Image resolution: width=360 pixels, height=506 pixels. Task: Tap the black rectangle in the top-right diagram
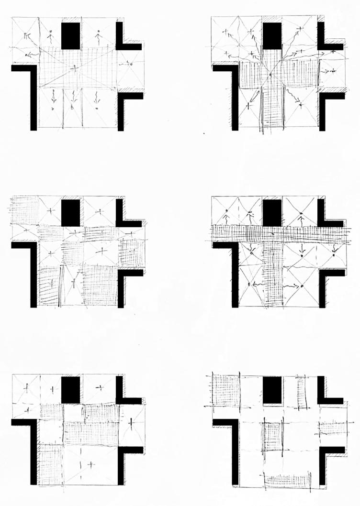(272, 35)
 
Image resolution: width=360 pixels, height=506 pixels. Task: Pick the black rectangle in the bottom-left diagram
(70, 389)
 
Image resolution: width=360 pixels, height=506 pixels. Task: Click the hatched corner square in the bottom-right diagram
(225, 390)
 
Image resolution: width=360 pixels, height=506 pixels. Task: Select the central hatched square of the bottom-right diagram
(272, 435)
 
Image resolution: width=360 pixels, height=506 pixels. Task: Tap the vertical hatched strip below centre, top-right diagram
(271, 108)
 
